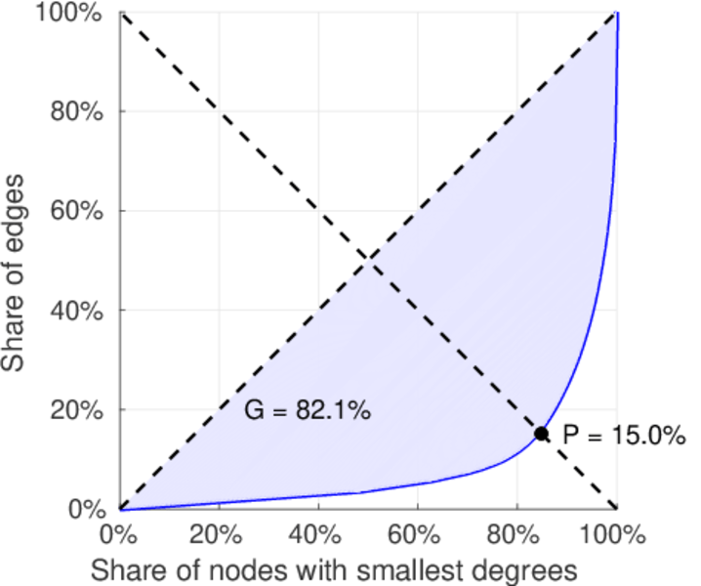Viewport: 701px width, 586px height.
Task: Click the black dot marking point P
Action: point(541,434)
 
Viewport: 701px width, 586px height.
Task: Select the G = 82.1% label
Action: point(307,411)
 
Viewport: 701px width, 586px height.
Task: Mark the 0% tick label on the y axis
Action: point(86,509)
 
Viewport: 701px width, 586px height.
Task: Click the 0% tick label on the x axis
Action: point(120,534)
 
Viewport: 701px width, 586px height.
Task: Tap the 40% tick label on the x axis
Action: point(316,534)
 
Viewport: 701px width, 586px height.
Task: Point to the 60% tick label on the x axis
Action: point(416,534)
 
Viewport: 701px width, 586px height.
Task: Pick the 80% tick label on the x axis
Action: point(515,534)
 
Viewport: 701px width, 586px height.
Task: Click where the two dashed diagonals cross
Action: point(368,260)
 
